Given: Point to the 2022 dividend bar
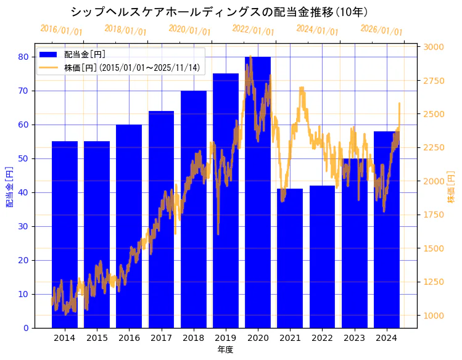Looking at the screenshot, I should click(x=322, y=259).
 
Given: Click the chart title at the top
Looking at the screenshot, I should click(x=219, y=12).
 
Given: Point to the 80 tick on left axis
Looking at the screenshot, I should click(x=23, y=57).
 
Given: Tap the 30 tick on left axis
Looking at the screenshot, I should click(x=23, y=226).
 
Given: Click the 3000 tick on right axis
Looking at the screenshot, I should click(x=434, y=47).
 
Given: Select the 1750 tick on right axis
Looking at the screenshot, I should click(x=434, y=215).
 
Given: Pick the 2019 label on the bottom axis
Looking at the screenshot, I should click(x=226, y=338).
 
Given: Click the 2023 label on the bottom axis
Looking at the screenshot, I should click(x=355, y=338).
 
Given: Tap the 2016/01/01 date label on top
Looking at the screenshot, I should click(x=61, y=30).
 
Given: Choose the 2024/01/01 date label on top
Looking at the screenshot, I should click(x=317, y=30).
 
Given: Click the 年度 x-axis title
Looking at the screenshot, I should click(x=225, y=350).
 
